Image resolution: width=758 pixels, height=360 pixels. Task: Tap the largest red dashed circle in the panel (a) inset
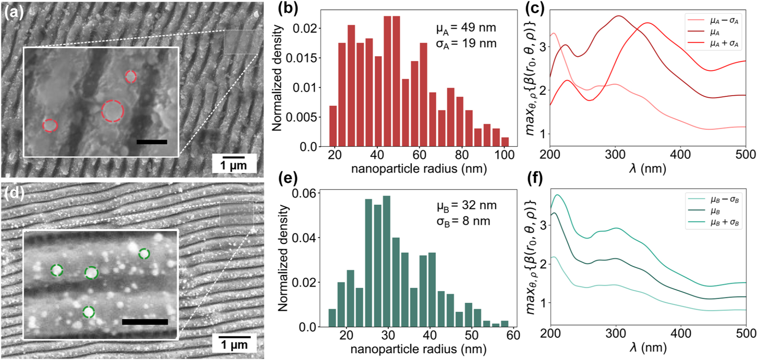tap(112, 111)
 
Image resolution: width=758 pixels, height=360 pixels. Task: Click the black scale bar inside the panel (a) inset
tap(152, 142)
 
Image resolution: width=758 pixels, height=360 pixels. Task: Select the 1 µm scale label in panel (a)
tap(234, 166)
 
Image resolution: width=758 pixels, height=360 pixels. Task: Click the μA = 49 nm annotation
tap(466, 28)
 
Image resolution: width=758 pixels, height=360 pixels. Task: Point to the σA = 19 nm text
tap(466, 44)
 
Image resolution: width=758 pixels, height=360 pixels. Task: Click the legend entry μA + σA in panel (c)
tap(724, 44)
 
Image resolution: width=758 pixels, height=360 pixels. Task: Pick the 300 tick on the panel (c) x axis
tap(615, 155)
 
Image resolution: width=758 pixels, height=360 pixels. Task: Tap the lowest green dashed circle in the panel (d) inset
tap(88, 312)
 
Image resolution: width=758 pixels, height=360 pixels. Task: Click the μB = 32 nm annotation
tap(466, 205)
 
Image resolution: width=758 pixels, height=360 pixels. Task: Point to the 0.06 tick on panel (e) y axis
tap(303, 193)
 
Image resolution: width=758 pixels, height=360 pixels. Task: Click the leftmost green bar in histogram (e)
tap(332, 318)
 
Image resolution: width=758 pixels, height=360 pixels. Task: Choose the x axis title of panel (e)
tap(418, 349)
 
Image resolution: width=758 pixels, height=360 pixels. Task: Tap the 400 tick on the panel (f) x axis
tap(681, 333)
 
